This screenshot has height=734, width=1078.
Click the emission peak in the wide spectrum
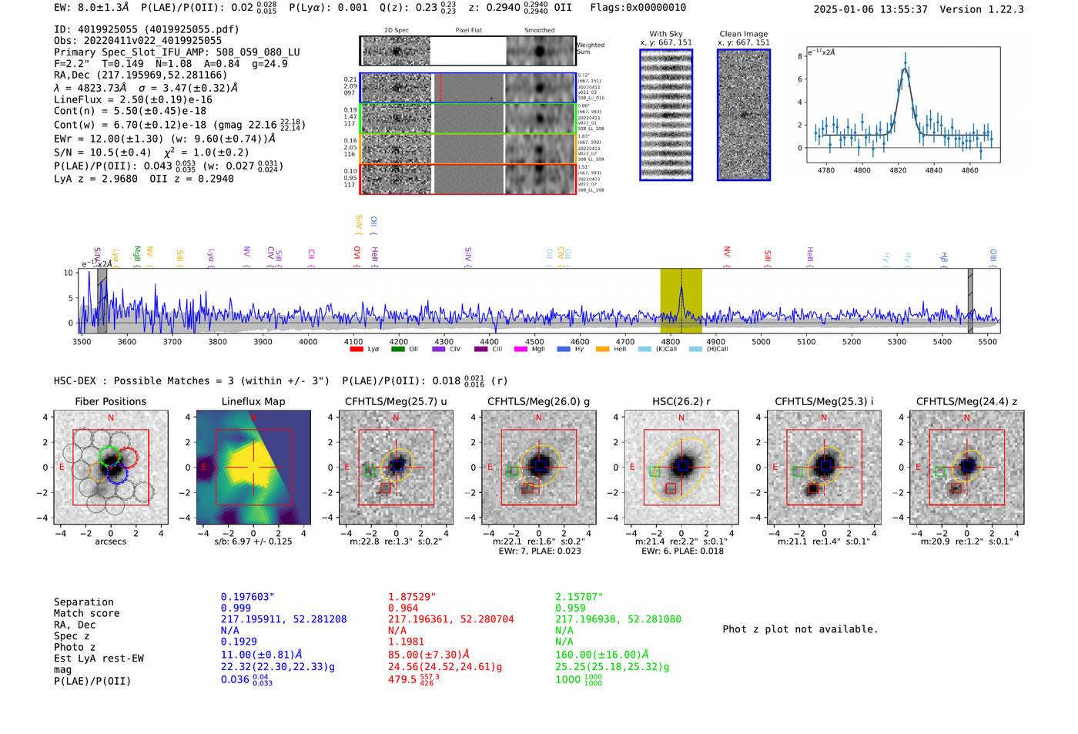pos(681,290)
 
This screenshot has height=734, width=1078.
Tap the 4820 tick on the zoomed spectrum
pos(898,169)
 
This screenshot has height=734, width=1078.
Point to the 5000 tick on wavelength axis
pos(761,341)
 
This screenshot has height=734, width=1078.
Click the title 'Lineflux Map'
pos(253,401)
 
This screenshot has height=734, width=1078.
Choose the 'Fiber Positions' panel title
pos(110,401)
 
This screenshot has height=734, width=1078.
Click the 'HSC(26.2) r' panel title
pos(681,401)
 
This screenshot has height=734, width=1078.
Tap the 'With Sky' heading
pos(665,34)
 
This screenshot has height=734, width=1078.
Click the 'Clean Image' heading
pos(743,34)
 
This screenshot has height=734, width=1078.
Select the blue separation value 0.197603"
pos(247,597)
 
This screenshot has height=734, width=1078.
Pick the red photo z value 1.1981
pos(406,642)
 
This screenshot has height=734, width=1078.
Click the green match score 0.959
pos(571,608)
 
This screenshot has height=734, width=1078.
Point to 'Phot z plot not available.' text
pos(800,629)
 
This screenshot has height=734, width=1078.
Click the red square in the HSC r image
pos(671,488)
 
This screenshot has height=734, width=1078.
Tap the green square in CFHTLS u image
pos(370,471)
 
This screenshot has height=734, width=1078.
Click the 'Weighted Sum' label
pos(591,49)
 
